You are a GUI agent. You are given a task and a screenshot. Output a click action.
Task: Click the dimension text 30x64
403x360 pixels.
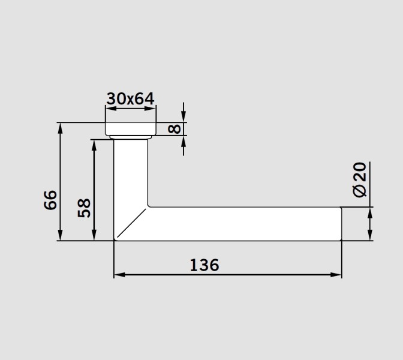[131, 98]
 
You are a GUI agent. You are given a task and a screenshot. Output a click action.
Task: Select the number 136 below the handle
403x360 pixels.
[204, 265]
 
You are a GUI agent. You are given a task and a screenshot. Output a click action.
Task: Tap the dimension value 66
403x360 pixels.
[51, 199]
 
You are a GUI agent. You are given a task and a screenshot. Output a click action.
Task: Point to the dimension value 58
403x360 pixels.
[85, 208]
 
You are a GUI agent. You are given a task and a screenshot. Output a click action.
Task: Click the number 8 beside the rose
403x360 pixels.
[175, 129]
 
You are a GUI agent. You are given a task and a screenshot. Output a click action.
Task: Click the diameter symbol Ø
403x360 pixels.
[359, 190]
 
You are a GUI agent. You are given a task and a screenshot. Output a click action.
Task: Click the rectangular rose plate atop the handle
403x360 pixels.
[131, 130]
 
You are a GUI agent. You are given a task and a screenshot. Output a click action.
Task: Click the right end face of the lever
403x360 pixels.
[341, 224]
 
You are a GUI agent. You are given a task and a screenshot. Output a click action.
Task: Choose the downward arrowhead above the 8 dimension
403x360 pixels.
[184, 118]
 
